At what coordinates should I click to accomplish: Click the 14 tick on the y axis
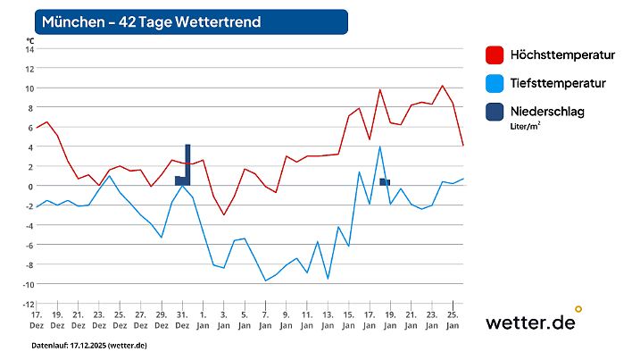point(29,49)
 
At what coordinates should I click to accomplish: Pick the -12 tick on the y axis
point(29,305)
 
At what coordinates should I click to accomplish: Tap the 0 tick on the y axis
point(30,187)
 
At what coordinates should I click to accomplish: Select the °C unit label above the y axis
point(29,39)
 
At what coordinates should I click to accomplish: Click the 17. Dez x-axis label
point(37,320)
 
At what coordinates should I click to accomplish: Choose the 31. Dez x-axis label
point(181,320)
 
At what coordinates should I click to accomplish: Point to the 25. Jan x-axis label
point(453,320)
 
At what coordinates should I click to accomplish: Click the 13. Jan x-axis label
point(328,320)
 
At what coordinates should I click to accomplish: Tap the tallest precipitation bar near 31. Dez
point(187,165)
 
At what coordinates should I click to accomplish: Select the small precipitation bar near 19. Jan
point(384,182)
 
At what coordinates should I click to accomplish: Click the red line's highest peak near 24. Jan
point(443,86)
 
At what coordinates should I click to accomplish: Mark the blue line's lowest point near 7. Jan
point(265,280)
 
